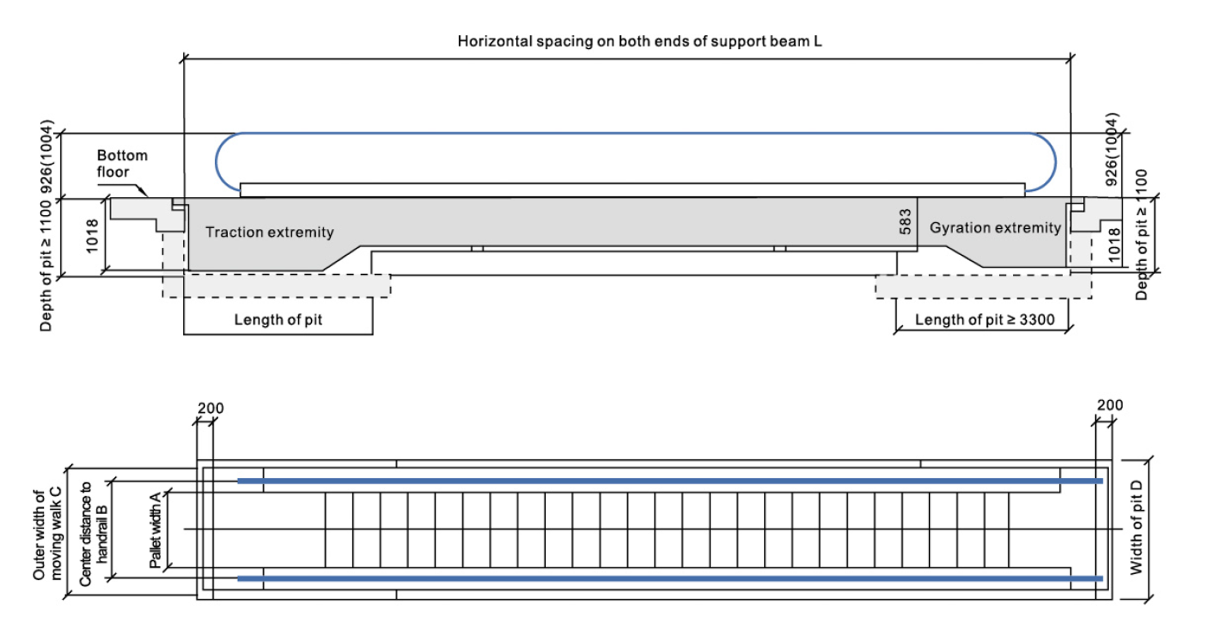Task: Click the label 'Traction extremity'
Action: [269, 232]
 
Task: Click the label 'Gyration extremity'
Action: [995, 228]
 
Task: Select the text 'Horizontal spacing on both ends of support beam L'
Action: [639, 41]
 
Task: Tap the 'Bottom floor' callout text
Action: [122, 164]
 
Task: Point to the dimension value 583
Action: [905, 221]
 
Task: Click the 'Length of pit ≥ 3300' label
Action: [984, 320]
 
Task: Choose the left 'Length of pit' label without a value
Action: [278, 320]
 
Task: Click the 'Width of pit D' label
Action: [1136, 528]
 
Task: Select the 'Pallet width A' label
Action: [155, 530]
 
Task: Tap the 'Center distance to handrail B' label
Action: [93, 534]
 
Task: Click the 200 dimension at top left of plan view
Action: [210, 408]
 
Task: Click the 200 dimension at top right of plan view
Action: [1110, 405]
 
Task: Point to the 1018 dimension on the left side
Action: [91, 236]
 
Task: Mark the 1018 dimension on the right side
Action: [1114, 246]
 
